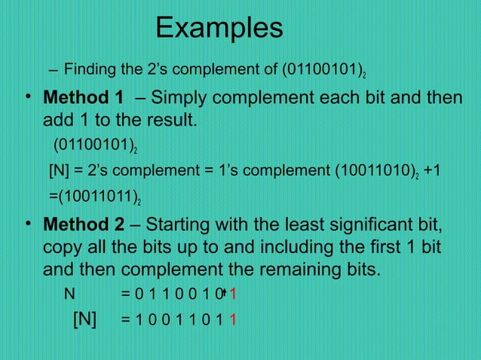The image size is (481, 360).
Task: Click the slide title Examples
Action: pyautogui.click(x=219, y=29)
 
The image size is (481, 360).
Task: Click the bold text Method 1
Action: pyautogui.click(x=84, y=99)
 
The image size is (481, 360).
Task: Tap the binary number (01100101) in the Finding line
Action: pyautogui.click(x=323, y=72)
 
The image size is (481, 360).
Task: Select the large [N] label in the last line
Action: pyautogui.click(x=85, y=319)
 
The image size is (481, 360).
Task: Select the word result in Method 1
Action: pyautogui.click(x=170, y=120)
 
